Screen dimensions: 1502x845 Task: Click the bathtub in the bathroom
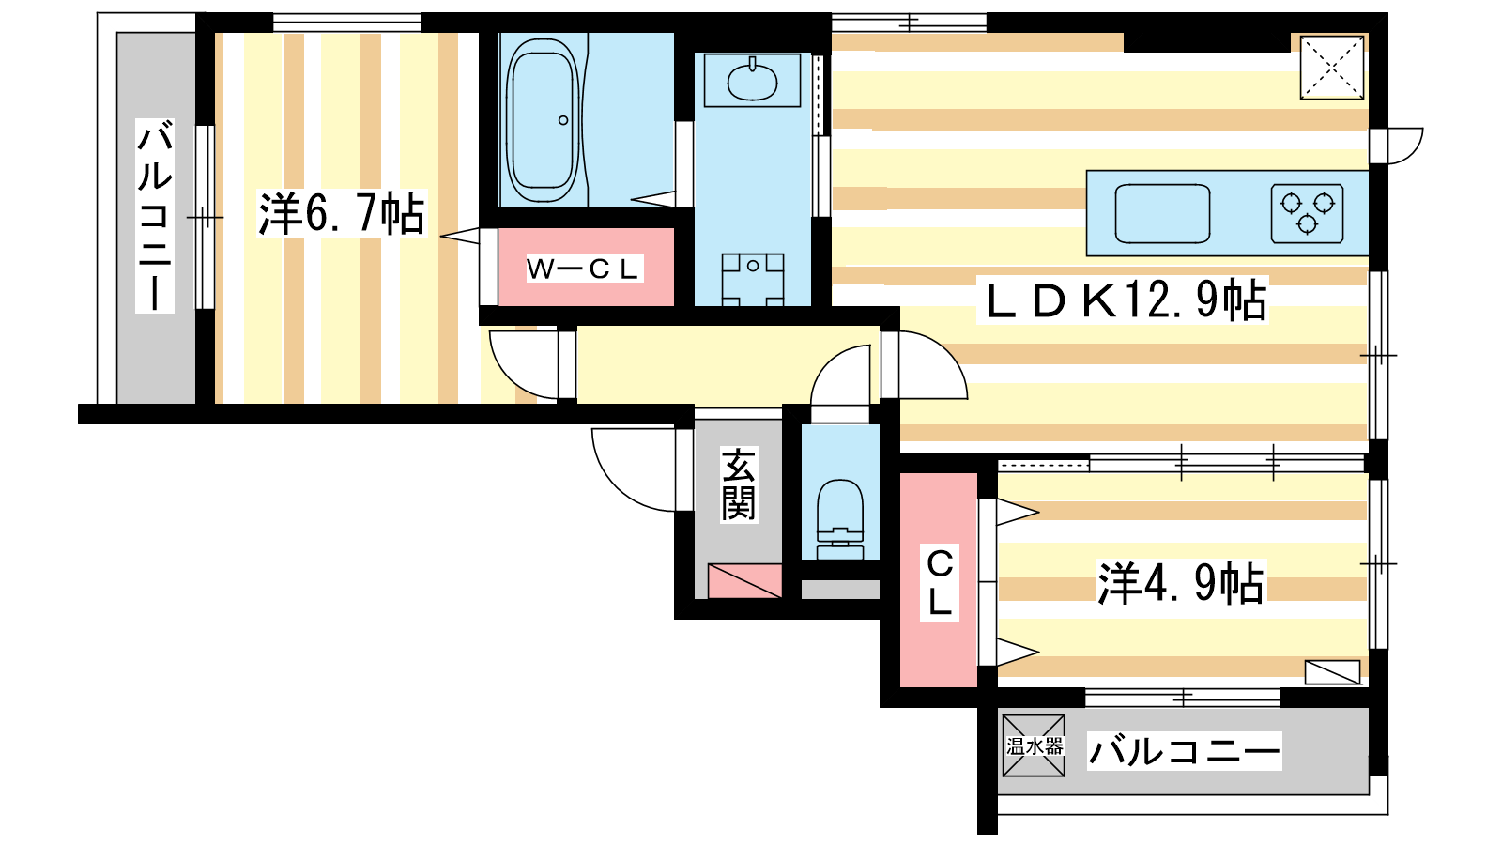pyautogui.click(x=543, y=120)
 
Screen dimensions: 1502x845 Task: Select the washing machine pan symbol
pyautogui.click(x=752, y=279)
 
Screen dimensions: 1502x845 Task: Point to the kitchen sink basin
pyautogui.click(x=1162, y=213)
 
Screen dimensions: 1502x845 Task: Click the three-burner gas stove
pyautogui.click(x=1307, y=212)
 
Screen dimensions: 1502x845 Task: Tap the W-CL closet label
pyautogui.click(x=584, y=269)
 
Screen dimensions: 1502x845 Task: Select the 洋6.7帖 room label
pyautogui.click(x=342, y=214)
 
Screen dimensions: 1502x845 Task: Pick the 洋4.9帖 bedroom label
pyautogui.click(x=1181, y=583)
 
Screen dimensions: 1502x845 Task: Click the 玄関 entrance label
pyautogui.click(x=738, y=484)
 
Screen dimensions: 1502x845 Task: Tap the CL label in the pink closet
pyautogui.click(x=940, y=582)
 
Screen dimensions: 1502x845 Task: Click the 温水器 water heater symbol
pyautogui.click(x=1034, y=745)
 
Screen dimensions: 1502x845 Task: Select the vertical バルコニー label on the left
pyautogui.click(x=155, y=216)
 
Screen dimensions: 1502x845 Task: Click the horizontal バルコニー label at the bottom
pyautogui.click(x=1184, y=751)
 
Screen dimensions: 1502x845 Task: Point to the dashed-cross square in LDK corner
pyautogui.click(x=1332, y=68)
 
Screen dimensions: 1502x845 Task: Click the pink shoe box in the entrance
pyautogui.click(x=745, y=581)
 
